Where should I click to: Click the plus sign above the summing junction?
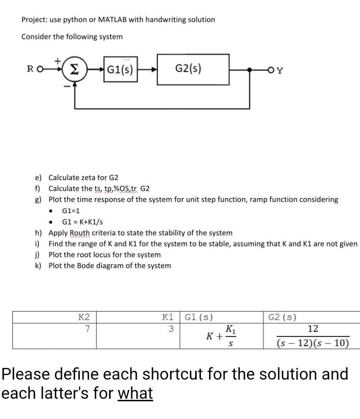point(57,61)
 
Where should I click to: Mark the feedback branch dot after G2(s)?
point(251,70)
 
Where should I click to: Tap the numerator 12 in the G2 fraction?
point(313,329)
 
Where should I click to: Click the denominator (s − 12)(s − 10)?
point(313,343)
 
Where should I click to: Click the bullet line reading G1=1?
point(71,211)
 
